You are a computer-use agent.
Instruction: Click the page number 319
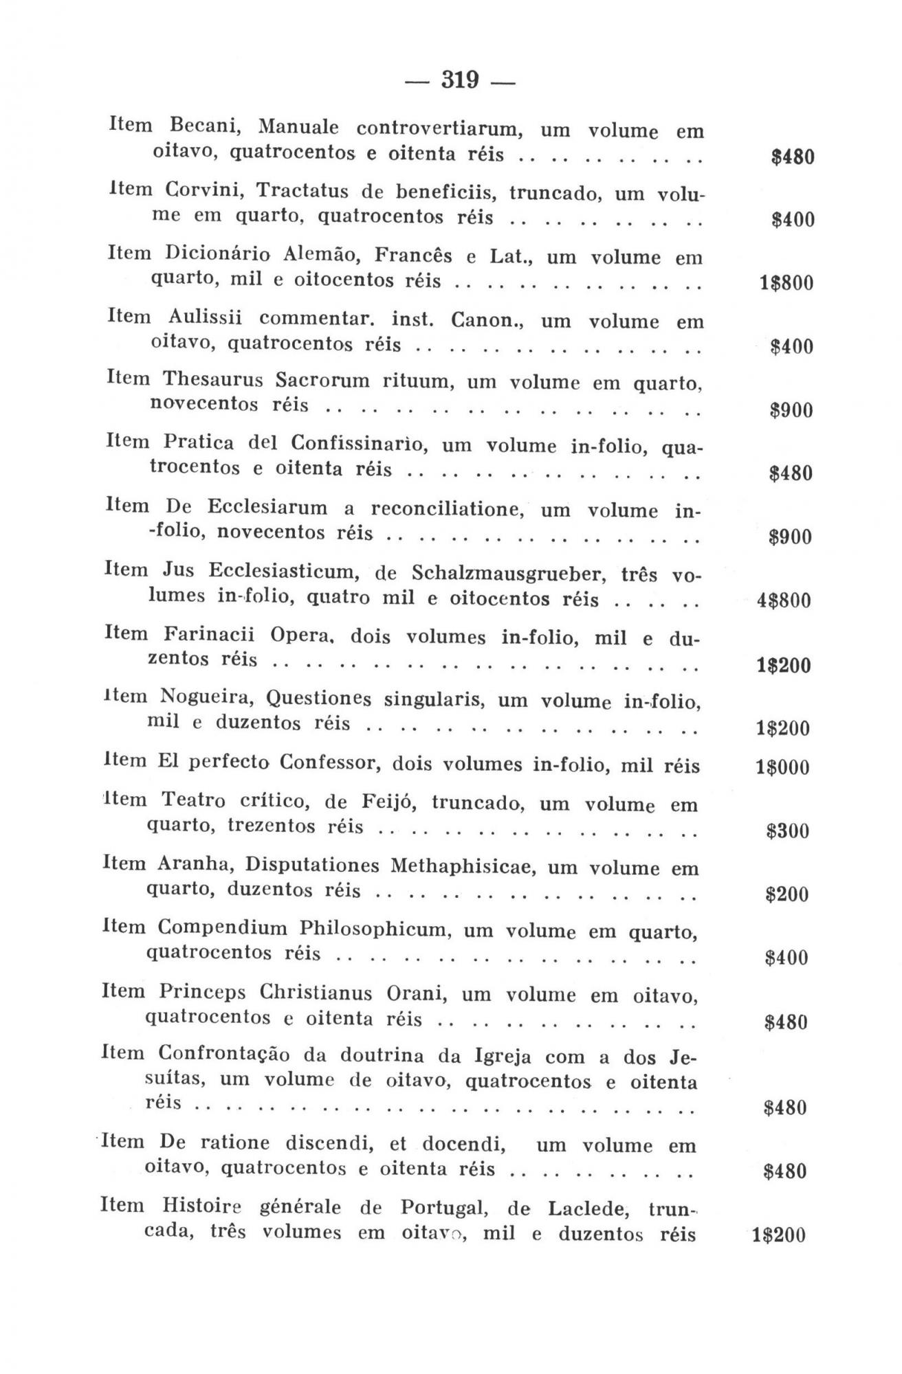[459, 80]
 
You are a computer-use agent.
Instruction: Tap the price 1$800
[786, 283]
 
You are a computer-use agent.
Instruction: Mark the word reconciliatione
[448, 508]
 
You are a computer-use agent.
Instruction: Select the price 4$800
[784, 601]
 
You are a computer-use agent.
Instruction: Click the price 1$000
[782, 768]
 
